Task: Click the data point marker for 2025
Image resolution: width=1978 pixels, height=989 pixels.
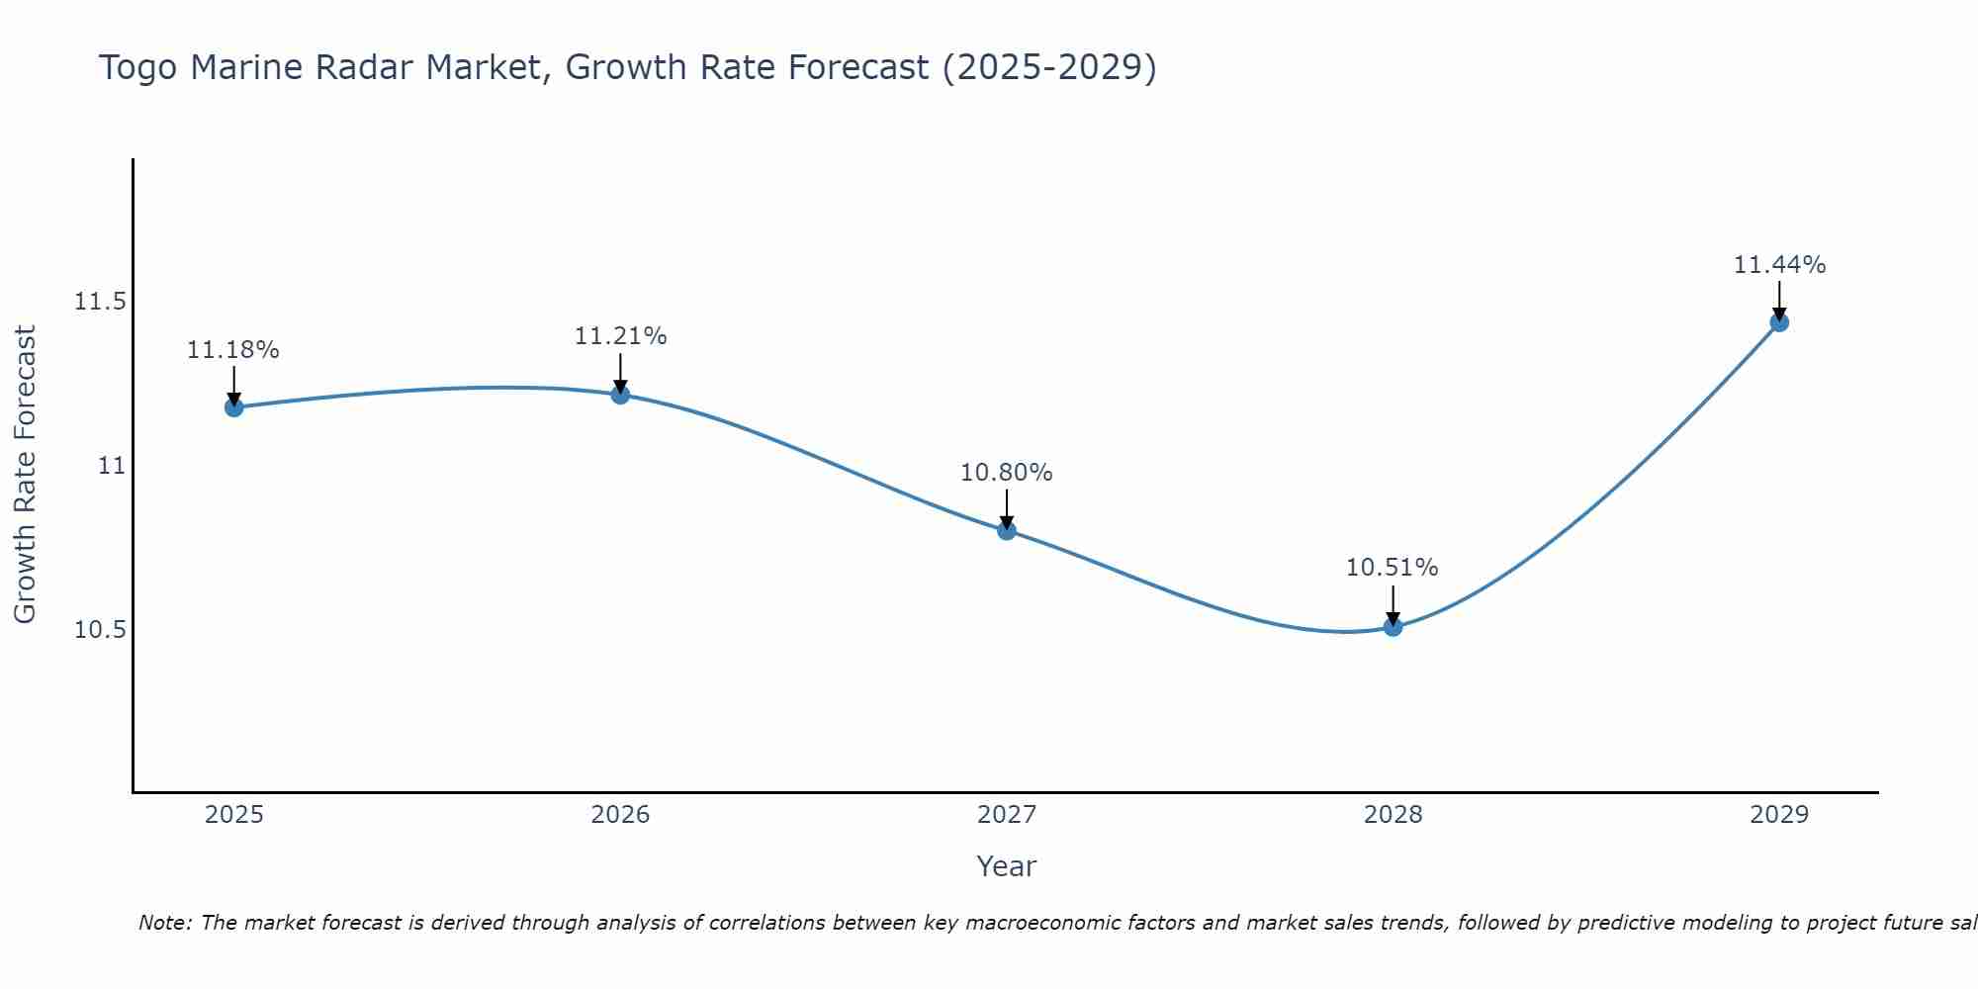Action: (x=233, y=406)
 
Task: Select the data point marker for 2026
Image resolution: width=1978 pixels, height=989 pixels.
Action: (x=620, y=394)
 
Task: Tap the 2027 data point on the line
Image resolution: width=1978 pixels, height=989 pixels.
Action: (x=1007, y=530)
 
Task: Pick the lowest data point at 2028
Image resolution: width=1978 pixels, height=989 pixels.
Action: (x=1393, y=626)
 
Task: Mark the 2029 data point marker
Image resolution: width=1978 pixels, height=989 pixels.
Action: (x=1779, y=321)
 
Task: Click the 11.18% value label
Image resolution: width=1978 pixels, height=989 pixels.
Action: (x=233, y=350)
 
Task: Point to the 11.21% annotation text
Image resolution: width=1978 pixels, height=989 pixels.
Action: (x=620, y=336)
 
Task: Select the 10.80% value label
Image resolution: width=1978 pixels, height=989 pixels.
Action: (x=1007, y=473)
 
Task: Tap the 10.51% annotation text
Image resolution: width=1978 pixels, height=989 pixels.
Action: (x=1393, y=568)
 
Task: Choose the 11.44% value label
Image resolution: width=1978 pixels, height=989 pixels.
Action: (x=1779, y=265)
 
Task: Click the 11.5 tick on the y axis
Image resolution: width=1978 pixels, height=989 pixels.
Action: (x=100, y=302)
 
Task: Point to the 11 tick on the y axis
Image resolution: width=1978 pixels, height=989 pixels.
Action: (x=112, y=466)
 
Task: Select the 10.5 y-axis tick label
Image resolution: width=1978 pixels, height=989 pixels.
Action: (x=100, y=630)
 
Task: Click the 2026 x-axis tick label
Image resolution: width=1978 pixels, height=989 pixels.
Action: (x=620, y=815)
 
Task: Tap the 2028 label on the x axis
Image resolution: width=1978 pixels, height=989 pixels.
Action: (x=1393, y=815)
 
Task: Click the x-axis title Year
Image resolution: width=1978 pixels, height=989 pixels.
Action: (x=1006, y=866)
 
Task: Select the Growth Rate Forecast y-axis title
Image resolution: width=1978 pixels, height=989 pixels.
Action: (x=25, y=474)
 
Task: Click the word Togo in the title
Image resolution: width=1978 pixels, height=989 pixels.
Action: (x=138, y=68)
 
